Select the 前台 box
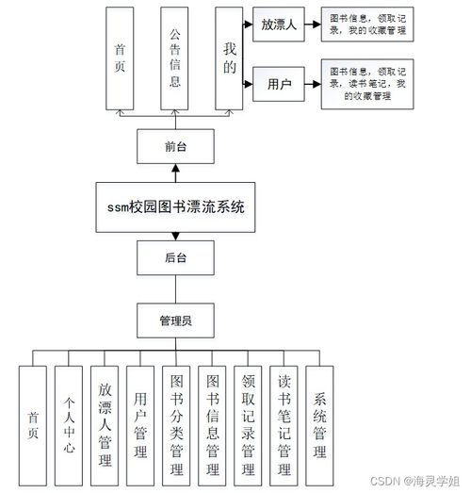pyautogui.click(x=176, y=146)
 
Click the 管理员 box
pyautogui.click(x=176, y=320)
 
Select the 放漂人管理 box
pyautogui.click(x=104, y=423)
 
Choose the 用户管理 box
pyautogui.click(x=139, y=423)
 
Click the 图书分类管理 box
pyautogui.click(x=175, y=423)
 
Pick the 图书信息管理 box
pyautogui.click(x=212, y=423)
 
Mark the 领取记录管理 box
pyautogui.click(x=248, y=423)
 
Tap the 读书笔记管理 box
pyautogui.click(x=284, y=423)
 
